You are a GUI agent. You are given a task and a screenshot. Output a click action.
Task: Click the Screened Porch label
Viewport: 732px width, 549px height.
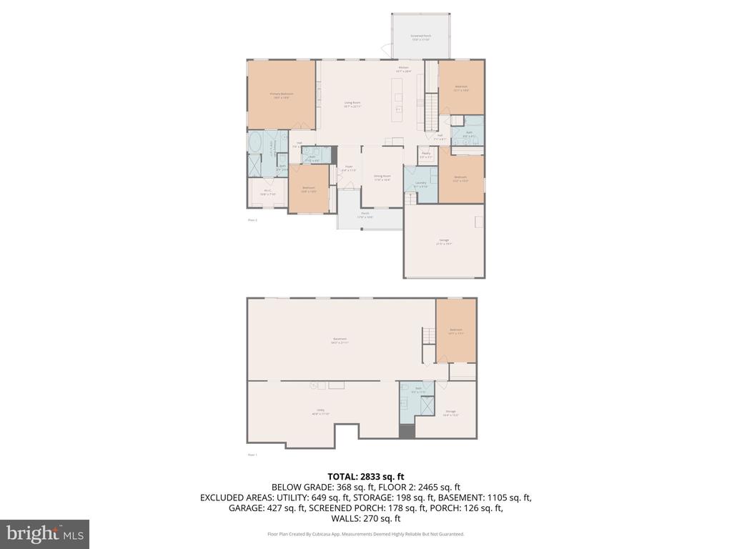[x=420, y=36]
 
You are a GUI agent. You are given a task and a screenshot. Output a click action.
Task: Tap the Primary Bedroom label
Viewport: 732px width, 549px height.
[x=282, y=95]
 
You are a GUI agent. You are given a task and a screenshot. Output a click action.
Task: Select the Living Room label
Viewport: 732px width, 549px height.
[x=352, y=104]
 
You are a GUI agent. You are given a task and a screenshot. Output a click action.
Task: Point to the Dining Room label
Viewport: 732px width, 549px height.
[x=382, y=177]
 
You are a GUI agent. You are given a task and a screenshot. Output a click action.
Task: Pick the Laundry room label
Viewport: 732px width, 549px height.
[x=420, y=184]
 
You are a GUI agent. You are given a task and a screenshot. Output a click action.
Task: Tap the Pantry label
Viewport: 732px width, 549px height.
[x=425, y=154]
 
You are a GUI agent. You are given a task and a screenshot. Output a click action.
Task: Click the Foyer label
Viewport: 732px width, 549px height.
[x=349, y=168]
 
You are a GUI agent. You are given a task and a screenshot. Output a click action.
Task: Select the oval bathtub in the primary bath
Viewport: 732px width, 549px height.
[x=254, y=143]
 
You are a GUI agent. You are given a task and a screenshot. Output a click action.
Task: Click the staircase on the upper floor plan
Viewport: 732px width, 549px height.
[x=431, y=110]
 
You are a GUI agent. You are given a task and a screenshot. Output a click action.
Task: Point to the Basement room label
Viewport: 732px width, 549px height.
[x=340, y=340]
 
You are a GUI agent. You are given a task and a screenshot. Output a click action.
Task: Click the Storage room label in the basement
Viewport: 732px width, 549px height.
[x=450, y=412]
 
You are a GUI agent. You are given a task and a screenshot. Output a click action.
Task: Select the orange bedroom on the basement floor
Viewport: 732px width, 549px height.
[x=456, y=330]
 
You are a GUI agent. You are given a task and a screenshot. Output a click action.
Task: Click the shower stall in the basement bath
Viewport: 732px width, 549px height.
[x=426, y=405]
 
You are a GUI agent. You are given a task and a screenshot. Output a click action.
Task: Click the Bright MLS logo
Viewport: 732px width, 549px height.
[x=44, y=534]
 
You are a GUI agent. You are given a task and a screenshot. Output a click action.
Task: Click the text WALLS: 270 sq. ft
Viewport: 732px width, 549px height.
[x=365, y=519]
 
